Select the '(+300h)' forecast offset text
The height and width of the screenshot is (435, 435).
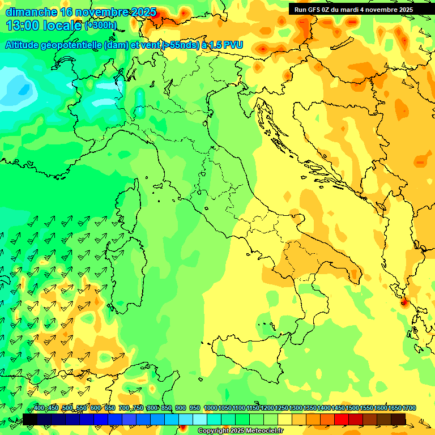coord(100,25)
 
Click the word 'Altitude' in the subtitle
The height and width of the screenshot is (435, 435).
coord(25,45)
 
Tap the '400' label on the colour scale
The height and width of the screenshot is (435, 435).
coord(39,408)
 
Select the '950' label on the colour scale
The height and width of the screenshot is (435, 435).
coord(195,408)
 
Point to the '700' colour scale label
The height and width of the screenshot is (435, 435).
coord(124,408)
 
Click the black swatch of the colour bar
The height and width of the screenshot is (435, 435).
coord(29,419)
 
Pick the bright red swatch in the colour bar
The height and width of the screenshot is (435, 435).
coord(342,419)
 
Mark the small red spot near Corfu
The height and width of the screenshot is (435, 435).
coord(404,302)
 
